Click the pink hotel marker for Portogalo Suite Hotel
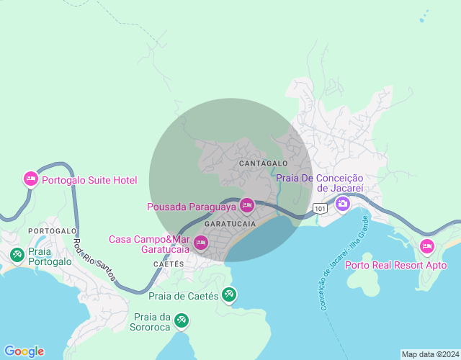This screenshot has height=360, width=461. [x=30, y=179]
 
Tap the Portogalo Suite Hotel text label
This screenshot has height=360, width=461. [x=89, y=180]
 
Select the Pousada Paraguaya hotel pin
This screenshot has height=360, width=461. [x=247, y=206]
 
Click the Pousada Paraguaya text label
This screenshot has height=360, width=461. [x=192, y=207]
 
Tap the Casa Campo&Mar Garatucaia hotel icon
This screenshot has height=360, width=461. [x=201, y=244]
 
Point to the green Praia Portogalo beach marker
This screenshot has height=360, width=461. [x=17, y=254]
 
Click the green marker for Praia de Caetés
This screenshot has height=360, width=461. [x=229, y=294]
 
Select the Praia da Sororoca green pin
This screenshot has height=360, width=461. [x=182, y=318]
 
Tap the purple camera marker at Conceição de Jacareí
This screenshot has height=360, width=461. [x=343, y=204]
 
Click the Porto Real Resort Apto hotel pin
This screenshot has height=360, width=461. [x=427, y=247]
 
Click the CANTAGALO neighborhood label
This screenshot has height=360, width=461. [x=263, y=164]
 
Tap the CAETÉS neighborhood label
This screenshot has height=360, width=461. [x=169, y=264]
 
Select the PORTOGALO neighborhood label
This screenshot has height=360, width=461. [x=53, y=230]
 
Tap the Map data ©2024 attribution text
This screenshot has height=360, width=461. [x=430, y=354]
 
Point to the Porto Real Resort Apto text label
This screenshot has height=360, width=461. [x=396, y=265]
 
